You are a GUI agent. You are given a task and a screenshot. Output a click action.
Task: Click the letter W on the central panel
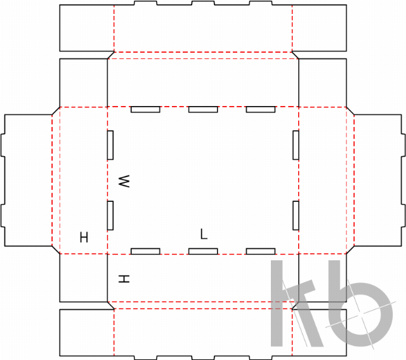point(124,181)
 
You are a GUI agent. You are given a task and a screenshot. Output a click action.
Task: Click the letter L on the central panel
point(204,234)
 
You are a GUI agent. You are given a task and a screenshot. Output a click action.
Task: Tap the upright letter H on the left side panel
point(84,237)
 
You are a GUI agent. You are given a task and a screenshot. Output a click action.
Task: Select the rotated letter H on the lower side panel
point(124,279)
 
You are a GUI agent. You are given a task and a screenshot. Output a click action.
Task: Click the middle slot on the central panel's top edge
point(203,109)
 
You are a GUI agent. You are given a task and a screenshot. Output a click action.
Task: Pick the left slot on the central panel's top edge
point(145,109)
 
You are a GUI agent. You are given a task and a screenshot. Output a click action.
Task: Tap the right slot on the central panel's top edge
point(261,109)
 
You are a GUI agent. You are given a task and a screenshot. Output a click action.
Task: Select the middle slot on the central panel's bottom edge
point(203,251)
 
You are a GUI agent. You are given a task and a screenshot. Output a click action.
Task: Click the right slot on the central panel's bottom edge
point(261,251)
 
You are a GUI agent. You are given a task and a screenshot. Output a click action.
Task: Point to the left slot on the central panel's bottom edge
point(145,251)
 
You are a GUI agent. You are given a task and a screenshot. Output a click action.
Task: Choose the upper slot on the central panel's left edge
point(110,145)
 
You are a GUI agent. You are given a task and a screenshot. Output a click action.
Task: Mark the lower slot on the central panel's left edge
point(110,215)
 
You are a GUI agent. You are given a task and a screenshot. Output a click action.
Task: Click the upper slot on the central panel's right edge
point(296,145)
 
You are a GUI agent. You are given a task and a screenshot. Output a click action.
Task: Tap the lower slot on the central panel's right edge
point(296,215)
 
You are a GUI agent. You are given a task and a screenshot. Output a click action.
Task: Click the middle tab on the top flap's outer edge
point(203,3)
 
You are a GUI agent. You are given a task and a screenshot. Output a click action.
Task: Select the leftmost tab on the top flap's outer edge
point(145,3)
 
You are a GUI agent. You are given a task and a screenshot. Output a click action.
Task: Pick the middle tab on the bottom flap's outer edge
point(203,357)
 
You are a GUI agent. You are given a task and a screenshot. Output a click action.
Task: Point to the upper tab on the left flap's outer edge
point(3,145)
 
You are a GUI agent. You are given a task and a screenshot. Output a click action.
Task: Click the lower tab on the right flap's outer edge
point(403,215)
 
